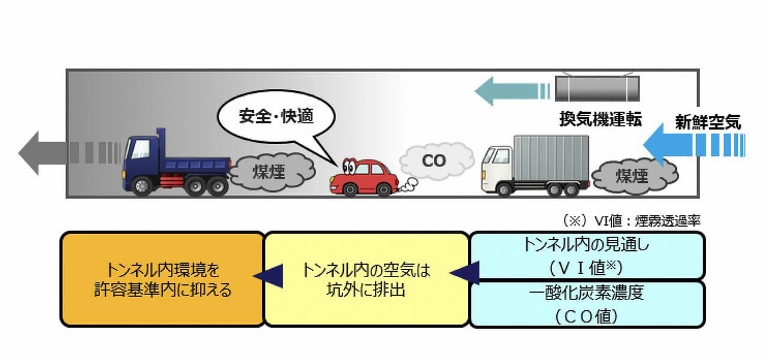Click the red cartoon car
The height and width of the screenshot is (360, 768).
pos(365,177)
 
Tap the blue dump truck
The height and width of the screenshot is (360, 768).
pos(177,164)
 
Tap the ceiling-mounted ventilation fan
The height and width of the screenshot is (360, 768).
pos(596,89)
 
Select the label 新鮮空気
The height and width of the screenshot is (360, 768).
pos(707,123)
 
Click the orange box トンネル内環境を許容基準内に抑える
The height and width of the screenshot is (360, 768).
pos(163,279)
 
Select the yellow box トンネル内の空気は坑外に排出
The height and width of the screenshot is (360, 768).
pos(366,279)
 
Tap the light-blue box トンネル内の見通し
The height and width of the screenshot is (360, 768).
pos(587,256)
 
